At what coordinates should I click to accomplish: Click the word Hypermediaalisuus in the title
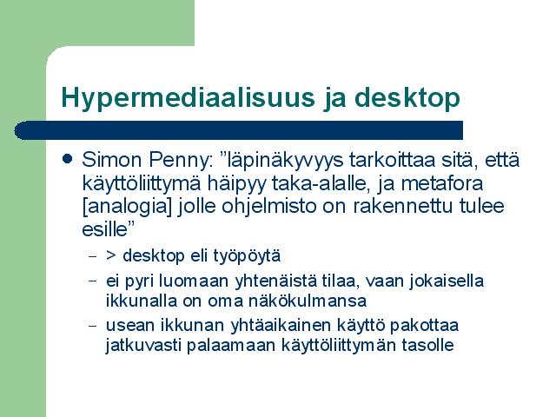[x=189, y=98]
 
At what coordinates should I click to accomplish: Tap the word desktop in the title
[x=407, y=96]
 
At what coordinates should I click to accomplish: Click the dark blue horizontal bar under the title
[x=239, y=130]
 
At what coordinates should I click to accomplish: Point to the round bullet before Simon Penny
[x=67, y=158]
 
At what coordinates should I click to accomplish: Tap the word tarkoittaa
[x=393, y=160]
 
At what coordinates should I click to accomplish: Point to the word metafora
[x=442, y=183]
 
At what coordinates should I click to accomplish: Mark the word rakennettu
[x=403, y=206]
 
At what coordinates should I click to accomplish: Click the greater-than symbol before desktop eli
[x=111, y=255]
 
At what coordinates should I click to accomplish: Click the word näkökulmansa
[x=308, y=301]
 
